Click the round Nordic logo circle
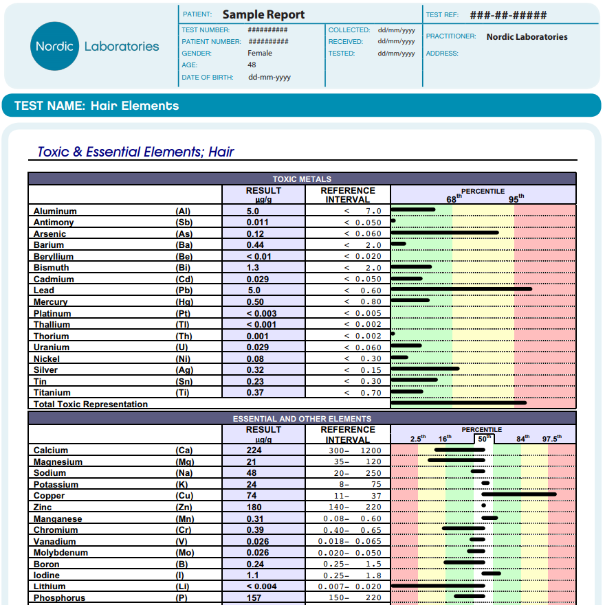tap(54, 46)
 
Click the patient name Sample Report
tap(263, 14)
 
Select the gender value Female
tap(260, 53)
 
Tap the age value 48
tap(252, 65)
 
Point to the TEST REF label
tap(442, 15)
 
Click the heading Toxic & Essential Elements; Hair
tap(135, 152)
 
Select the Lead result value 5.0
tap(254, 290)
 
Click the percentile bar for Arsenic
tap(445, 233)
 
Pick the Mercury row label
tap(51, 301)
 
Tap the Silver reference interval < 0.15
tap(362, 370)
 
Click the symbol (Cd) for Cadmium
tap(184, 279)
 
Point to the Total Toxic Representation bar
tap(459, 403)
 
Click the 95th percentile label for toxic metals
tap(516, 198)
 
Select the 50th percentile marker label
tap(484, 439)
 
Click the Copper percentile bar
tap(519, 494)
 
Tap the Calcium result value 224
tap(254, 450)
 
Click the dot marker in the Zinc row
tap(484, 505)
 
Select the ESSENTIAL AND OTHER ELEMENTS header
tap(302, 419)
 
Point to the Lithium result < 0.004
tap(261, 586)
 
